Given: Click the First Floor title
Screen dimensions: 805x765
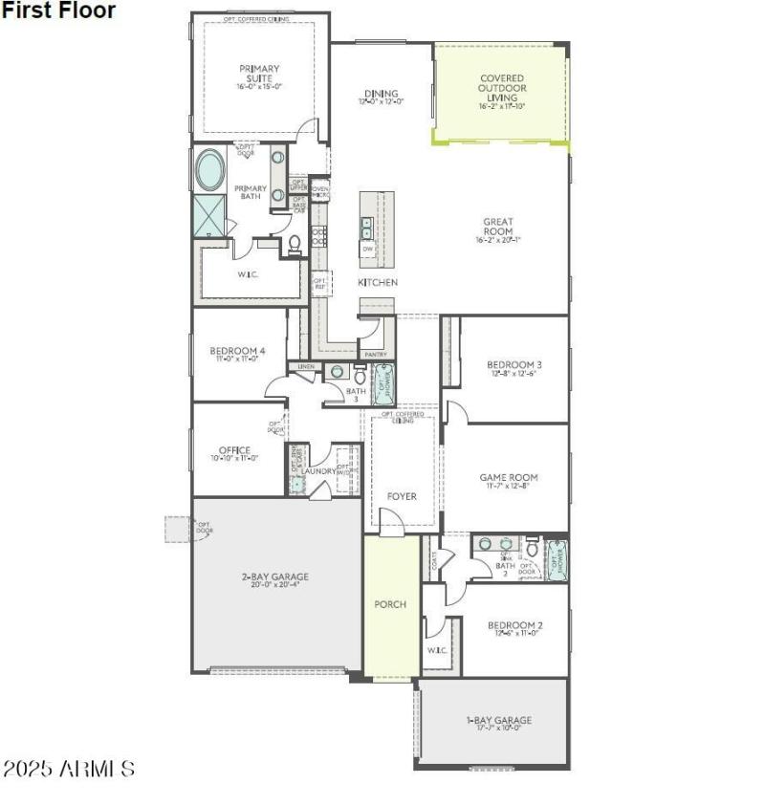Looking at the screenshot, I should click(58, 11).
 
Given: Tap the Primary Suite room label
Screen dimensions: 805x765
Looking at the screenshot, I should click(259, 74).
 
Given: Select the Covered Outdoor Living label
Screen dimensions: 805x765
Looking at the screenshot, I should click(502, 88).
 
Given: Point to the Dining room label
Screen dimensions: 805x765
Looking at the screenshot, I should click(381, 94).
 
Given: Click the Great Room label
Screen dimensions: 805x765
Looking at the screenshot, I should click(497, 227).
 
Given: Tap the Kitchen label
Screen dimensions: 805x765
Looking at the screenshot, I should click(378, 283).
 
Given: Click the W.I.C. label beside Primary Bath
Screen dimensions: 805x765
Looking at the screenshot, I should click(248, 273).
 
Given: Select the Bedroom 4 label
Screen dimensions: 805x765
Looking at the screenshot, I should click(237, 351).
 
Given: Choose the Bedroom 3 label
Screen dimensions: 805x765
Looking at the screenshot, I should click(514, 365).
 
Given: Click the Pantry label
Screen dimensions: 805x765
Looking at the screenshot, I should click(376, 354).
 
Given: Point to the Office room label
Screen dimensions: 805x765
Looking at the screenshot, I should click(234, 450).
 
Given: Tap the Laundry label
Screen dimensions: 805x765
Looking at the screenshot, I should click(317, 470).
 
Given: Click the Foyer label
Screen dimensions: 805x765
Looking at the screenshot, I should click(402, 496).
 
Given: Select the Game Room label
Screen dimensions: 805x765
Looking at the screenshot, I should click(508, 478).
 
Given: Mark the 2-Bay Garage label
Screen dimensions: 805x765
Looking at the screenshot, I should click(274, 577).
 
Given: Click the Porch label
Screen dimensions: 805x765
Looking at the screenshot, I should click(390, 604).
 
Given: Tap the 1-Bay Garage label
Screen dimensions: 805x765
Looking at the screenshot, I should click(498, 720).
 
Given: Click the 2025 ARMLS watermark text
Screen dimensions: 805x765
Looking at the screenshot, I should click(68, 769).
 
